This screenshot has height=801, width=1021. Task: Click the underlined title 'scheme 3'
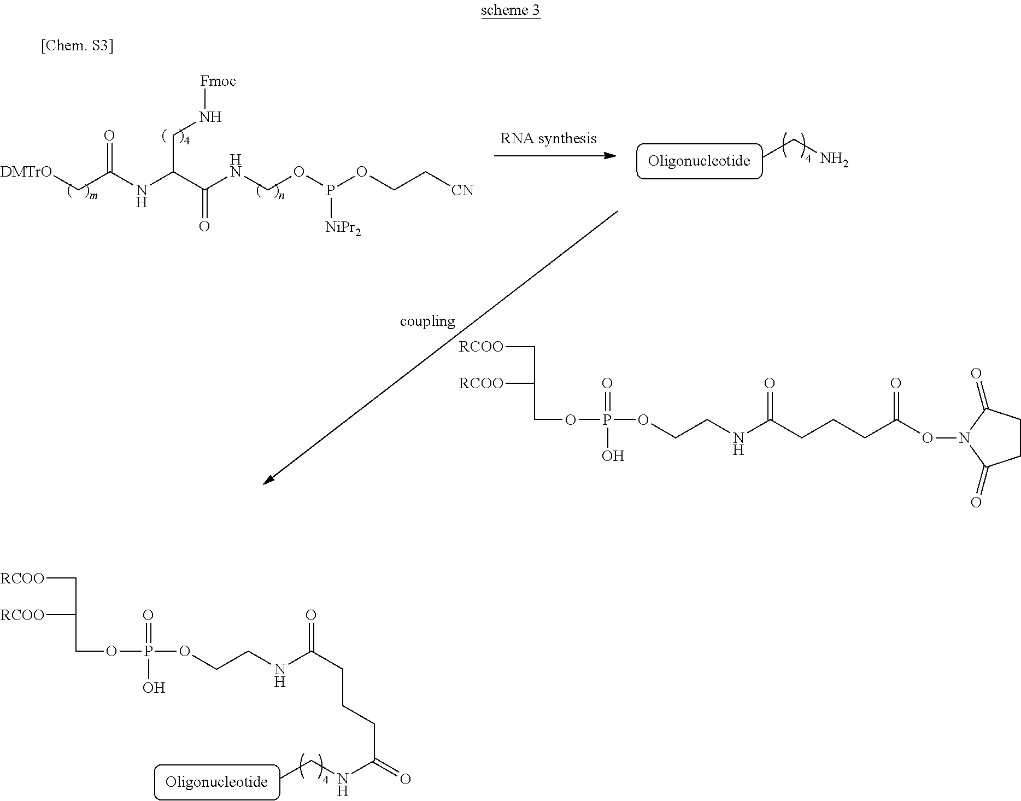pos(510,11)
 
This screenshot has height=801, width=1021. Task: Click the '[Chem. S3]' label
pos(77,46)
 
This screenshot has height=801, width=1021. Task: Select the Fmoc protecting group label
pos(218,81)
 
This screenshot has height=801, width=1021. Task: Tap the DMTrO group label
pos(26,172)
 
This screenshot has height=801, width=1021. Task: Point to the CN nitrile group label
pos(462,190)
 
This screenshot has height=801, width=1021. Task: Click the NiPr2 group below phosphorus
pos(343,228)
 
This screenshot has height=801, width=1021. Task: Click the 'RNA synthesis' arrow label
pos(548,138)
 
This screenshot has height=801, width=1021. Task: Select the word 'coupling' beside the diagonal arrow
pos(427,321)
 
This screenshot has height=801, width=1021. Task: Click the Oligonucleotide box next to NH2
pos(699,161)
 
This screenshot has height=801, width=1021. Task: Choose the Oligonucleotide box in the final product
pos(217,782)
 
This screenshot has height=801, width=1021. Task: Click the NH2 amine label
pos(834,160)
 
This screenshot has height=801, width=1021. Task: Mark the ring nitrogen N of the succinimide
pos(964,437)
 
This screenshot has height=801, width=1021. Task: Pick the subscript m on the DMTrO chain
pos(94,196)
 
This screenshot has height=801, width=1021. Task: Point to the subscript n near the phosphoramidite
pos(282,196)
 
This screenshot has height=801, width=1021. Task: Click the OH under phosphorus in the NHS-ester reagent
pos(613,456)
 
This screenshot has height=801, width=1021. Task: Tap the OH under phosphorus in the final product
pos(154,688)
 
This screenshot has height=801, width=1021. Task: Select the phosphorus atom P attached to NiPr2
pos(330,190)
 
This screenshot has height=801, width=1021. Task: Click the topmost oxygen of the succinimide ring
pos(976,374)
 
